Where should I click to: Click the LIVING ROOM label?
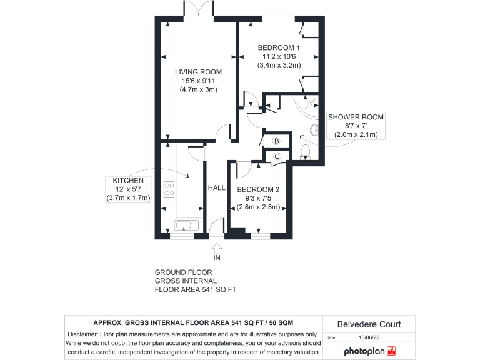[x=198, y=72]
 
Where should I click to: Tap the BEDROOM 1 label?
[x=279, y=47]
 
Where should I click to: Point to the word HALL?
[x=216, y=187]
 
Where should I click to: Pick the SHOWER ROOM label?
[x=356, y=117]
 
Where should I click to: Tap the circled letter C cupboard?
[x=276, y=156]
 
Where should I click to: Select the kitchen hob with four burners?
[x=169, y=187]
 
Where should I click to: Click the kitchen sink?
[x=186, y=226]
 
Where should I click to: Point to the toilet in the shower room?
[x=306, y=151]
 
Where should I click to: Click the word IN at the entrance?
[x=217, y=257]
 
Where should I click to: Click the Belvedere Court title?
[x=369, y=324]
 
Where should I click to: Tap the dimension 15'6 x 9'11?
[x=198, y=81]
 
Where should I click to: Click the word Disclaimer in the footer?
[x=82, y=334]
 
